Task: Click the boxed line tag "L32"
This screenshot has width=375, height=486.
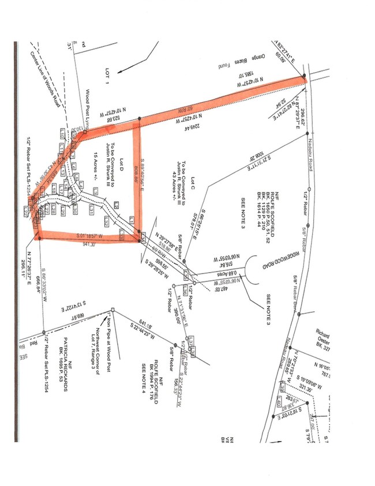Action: [x=106, y=221]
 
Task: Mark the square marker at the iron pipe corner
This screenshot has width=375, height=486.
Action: [x=113, y=310]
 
